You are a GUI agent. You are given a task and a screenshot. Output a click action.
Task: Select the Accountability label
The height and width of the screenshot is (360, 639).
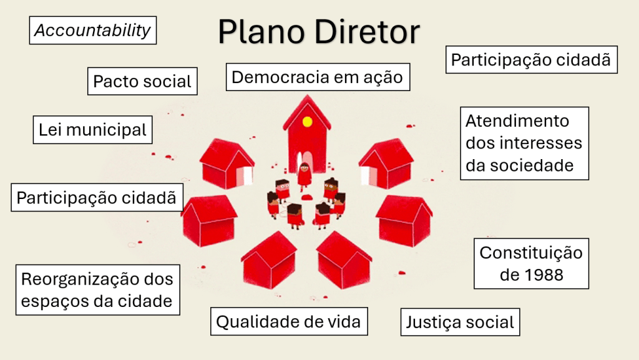92,31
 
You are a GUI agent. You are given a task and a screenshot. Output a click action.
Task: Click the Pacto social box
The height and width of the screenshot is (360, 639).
142,81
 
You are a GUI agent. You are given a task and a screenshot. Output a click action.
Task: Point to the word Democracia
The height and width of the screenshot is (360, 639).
280,77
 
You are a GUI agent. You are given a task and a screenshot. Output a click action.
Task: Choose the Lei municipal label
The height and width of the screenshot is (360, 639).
92,130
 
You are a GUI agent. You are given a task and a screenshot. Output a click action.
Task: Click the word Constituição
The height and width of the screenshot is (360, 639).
531,253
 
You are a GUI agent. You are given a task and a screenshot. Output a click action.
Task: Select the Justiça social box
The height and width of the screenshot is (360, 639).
460,323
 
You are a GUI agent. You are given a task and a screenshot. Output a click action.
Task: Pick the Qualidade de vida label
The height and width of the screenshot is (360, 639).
288,322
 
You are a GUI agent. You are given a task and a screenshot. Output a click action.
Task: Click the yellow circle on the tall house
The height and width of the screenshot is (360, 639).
307,122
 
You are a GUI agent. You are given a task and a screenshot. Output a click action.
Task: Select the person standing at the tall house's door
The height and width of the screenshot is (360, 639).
304,175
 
